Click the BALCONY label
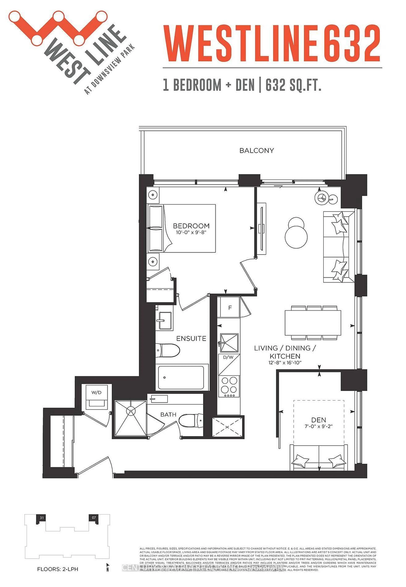(x=256, y=150)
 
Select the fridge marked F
(x=230, y=307)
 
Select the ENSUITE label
(x=191, y=339)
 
